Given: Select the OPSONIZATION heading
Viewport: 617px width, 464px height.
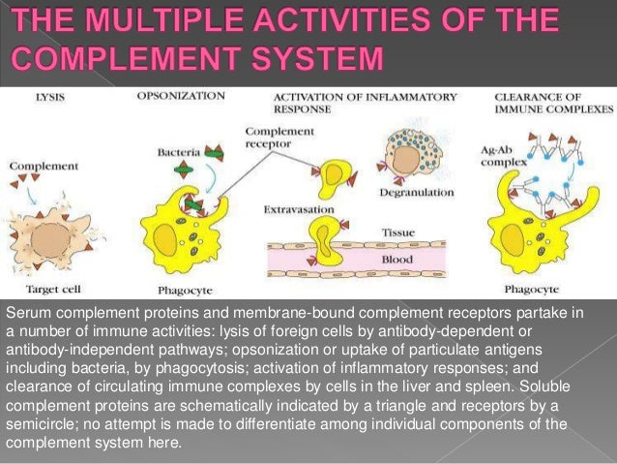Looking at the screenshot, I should point(181,96).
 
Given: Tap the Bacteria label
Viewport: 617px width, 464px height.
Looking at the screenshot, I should point(178,152).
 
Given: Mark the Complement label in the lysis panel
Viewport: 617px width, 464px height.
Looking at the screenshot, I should point(43,166).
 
